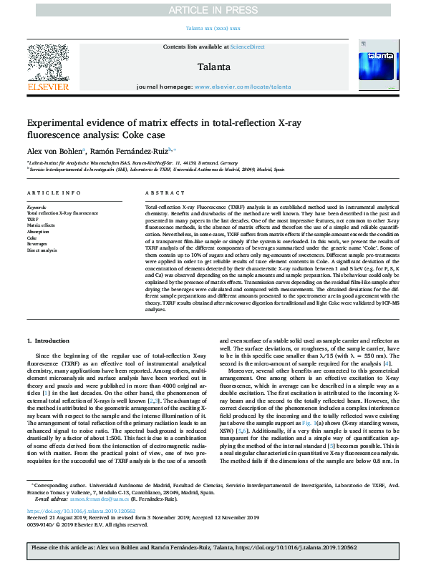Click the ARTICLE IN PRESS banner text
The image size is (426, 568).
(213, 9)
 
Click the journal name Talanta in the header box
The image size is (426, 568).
(213, 67)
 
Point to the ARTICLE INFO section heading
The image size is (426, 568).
(54, 193)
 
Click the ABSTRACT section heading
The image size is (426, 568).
(160, 193)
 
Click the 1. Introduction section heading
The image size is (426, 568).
(48, 341)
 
